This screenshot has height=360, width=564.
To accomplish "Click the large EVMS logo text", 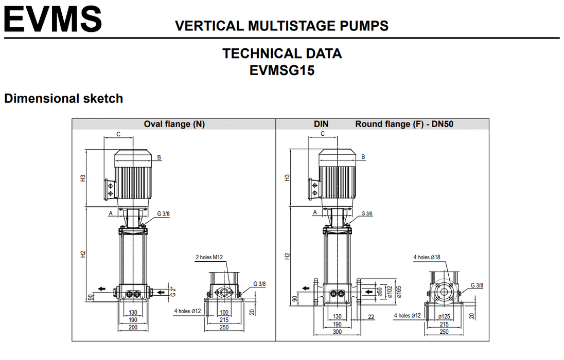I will (53, 19).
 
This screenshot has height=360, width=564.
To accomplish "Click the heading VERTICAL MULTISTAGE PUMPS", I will (281, 26).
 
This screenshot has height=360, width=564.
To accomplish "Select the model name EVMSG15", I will (281, 70).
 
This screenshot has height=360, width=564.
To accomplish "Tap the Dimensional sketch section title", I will (63, 99).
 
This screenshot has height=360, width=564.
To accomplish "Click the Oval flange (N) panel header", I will (174, 124).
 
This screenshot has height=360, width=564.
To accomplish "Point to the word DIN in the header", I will (321, 124).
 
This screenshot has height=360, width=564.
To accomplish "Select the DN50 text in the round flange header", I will (442, 124).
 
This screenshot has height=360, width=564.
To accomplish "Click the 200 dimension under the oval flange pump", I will (133, 327).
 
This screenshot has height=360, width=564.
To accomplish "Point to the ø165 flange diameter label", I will (399, 292).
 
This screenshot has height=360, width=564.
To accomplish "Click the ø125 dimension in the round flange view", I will (444, 316).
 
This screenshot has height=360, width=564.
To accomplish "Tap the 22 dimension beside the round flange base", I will (372, 317).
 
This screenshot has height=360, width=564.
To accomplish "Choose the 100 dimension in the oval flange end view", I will (224, 312).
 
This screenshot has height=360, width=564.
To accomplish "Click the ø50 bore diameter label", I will (380, 292).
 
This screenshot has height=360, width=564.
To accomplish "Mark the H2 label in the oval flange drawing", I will (82, 254).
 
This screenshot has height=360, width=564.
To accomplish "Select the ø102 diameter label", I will (390, 292).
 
